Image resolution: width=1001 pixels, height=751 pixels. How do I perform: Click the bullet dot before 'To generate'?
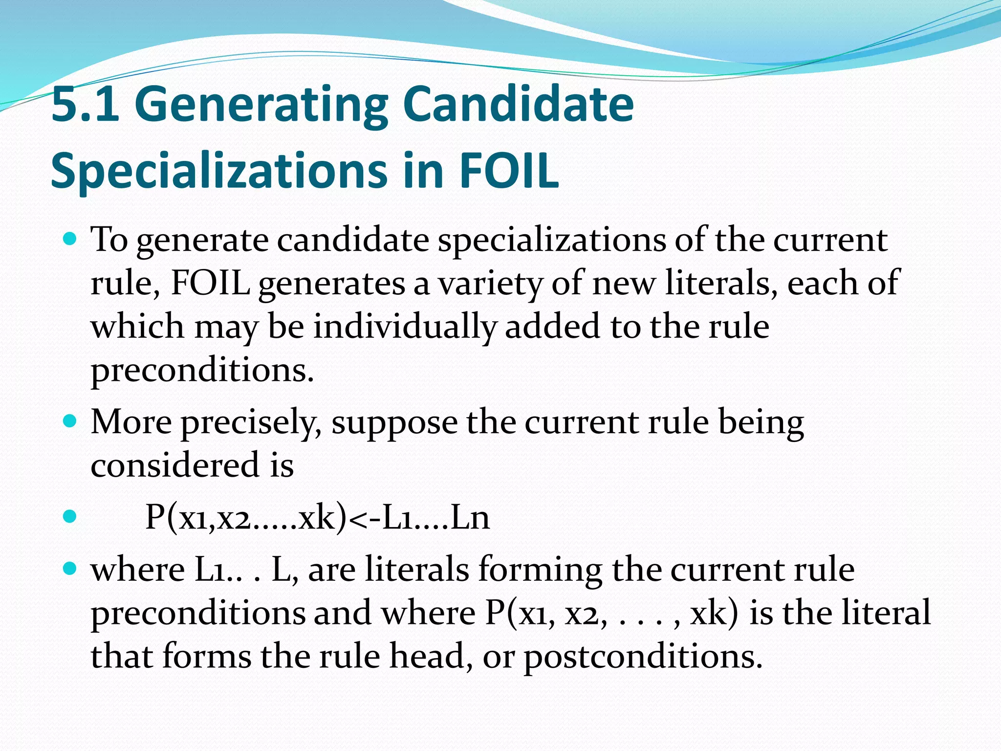pyautogui.click(x=71, y=240)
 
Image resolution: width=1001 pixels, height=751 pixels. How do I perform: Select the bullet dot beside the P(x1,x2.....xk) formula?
pyautogui.click(x=71, y=517)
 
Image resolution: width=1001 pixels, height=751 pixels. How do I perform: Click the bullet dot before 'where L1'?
pyautogui.click(x=71, y=569)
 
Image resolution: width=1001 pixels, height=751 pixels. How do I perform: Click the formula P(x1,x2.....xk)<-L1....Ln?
pyautogui.click(x=317, y=517)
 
